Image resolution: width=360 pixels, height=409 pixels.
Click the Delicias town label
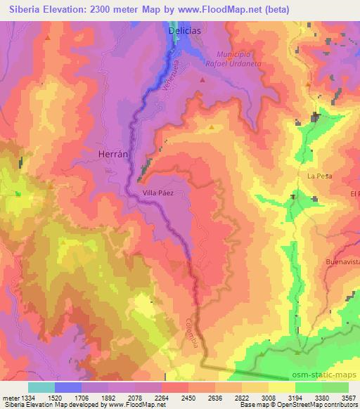[x=185, y=32]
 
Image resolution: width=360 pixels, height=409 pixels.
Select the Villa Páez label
[x=158, y=191]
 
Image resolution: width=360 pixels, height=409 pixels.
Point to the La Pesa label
[x=319, y=175]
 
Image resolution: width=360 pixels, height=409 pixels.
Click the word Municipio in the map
[x=234, y=54]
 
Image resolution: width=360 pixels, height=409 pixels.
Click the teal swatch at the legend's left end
[x=41, y=387]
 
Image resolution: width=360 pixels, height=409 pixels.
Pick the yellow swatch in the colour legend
[x=282, y=387]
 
